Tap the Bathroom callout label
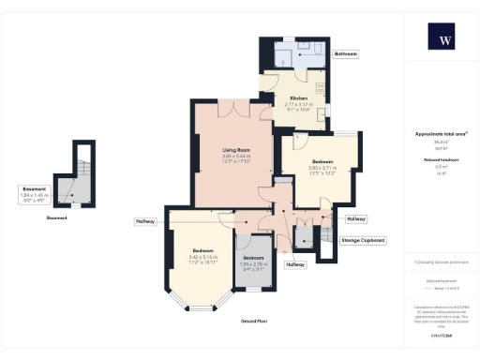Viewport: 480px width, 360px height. click(347, 54)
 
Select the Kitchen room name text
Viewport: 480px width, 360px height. click(299, 98)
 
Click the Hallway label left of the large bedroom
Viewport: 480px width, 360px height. click(145, 221)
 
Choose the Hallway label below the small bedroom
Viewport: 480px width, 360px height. click(296, 265)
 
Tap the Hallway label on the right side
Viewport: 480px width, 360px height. click(356, 219)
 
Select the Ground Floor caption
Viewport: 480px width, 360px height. click(250, 321)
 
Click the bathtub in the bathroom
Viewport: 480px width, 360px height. click(307, 49)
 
